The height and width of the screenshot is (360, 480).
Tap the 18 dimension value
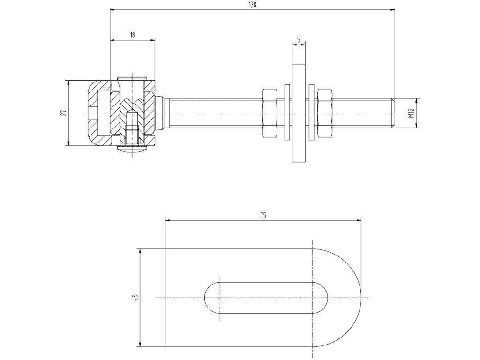[x=133, y=35]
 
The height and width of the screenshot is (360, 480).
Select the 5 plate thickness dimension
[x=298, y=39]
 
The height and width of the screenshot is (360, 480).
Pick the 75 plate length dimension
[x=263, y=215]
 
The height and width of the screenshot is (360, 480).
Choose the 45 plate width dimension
[x=135, y=298]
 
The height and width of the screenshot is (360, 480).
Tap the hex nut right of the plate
[x=325, y=113]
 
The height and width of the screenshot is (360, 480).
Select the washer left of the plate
[x=286, y=113]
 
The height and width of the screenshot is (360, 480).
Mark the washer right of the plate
[x=311, y=113]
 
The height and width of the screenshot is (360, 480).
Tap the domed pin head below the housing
[x=133, y=150]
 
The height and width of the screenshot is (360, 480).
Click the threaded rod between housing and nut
[x=211, y=113]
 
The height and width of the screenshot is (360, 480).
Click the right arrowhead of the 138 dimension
[x=393, y=9]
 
